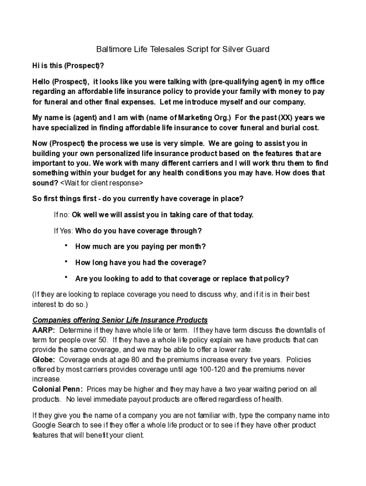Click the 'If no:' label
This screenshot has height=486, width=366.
(61, 215)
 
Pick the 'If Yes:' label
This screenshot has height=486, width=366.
(63, 231)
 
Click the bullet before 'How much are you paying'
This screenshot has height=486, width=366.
(66, 245)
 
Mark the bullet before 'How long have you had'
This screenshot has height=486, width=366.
(66, 262)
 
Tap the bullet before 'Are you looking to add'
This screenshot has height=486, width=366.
(66, 277)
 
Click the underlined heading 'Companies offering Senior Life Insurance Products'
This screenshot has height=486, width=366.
(120, 320)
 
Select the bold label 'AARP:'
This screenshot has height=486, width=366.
(44, 330)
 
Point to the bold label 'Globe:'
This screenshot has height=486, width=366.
(44, 359)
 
